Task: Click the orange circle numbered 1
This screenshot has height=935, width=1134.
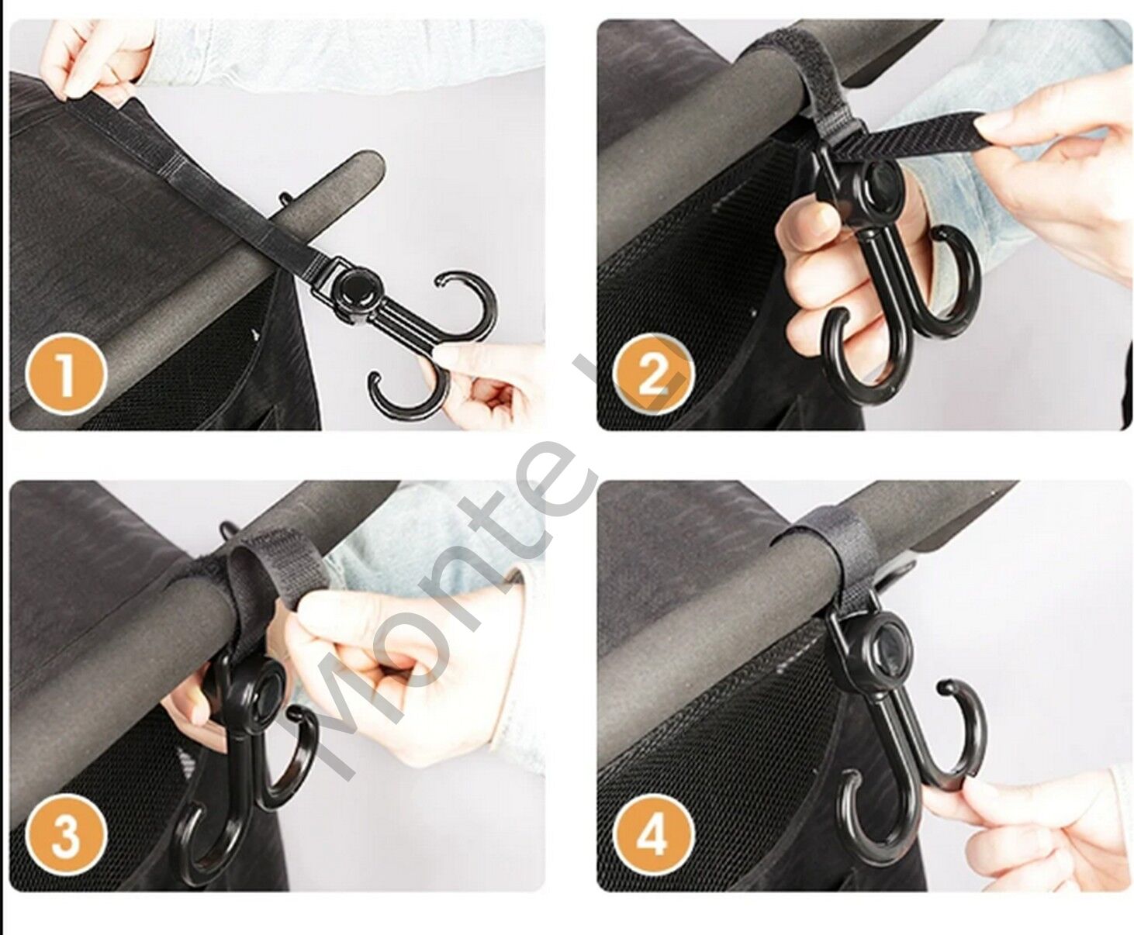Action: coord(64,375)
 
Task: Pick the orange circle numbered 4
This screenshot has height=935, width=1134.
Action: coord(654,837)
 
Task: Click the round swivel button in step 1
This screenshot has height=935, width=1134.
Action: coord(355,291)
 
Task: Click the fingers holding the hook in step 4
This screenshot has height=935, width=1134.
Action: coord(1032,837)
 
